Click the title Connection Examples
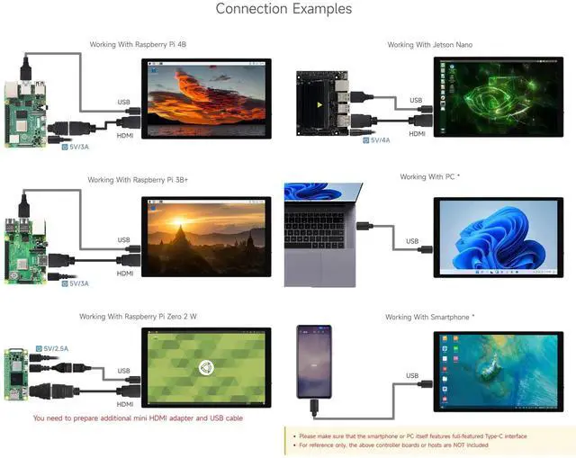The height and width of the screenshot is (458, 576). (x=283, y=9)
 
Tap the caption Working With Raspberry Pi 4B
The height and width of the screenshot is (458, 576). (x=138, y=44)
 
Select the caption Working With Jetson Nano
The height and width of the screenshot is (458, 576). (x=429, y=44)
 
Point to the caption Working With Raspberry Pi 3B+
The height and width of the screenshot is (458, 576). (x=138, y=180)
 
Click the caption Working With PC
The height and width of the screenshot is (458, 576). (x=429, y=177)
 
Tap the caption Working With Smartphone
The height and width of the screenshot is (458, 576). (x=429, y=317)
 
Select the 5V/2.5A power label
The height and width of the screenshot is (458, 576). (x=53, y=347)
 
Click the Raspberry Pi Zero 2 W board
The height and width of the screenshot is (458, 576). (x=14, y=377)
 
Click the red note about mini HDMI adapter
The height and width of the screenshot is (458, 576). (x=138, y=418)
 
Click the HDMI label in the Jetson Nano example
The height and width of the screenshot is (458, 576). (x=417, y=133)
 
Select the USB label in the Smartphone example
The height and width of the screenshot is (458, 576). (x=411, y=376)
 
